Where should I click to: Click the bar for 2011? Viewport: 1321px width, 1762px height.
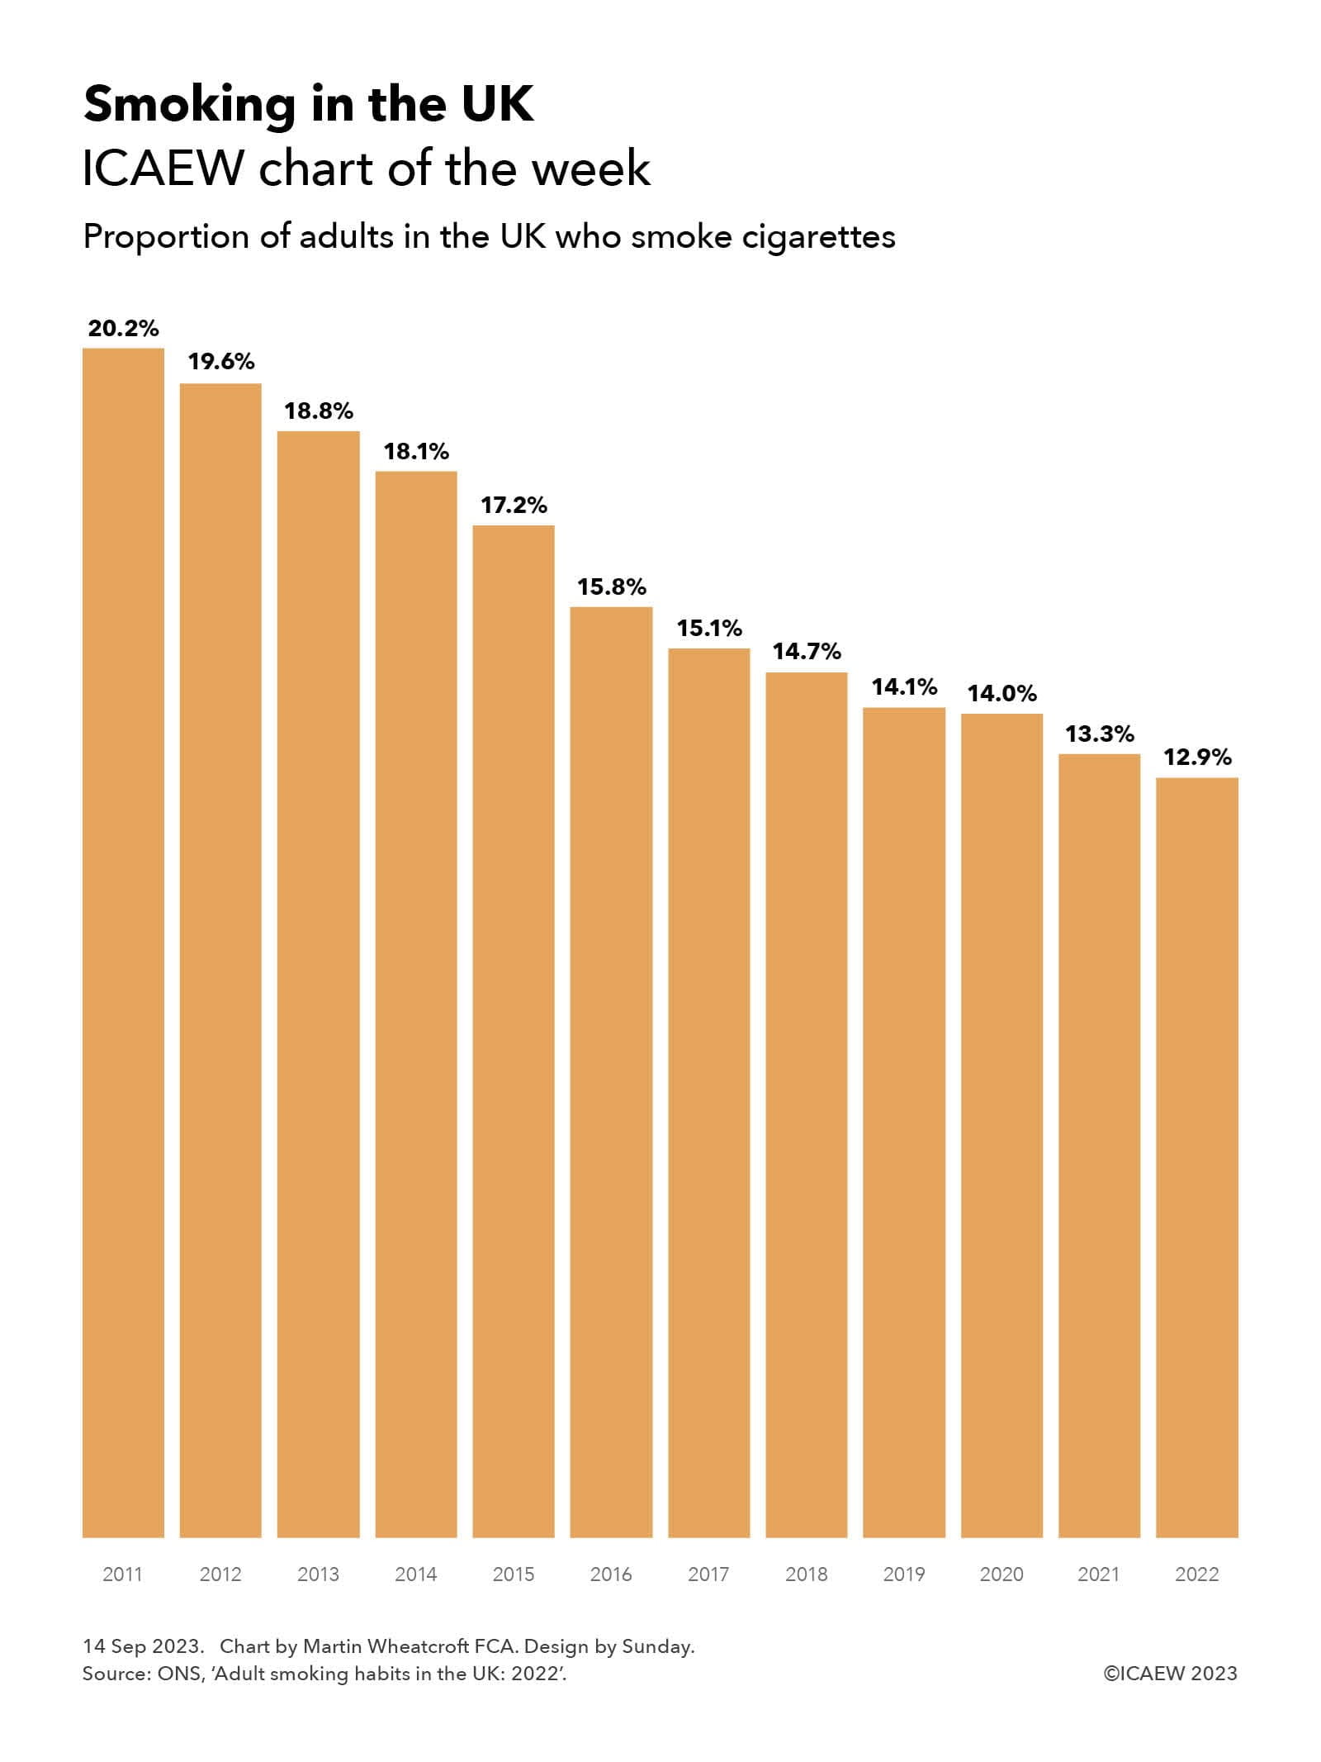point(123,942)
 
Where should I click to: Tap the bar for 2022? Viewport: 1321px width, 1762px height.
point(1196,1156)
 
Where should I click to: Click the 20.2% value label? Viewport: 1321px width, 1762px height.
point(123,329)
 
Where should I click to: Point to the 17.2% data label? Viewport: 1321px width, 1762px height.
point(514,506)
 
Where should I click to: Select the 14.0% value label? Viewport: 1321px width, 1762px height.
point(1001,694)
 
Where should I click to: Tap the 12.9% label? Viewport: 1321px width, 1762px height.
point(1197,758)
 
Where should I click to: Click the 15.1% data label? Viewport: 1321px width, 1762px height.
point(709,629)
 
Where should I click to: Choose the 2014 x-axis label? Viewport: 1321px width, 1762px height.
point(415,1574)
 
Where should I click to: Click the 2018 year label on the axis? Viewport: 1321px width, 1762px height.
point(806,1574)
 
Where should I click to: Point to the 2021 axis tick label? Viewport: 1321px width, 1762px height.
point(1099,1574)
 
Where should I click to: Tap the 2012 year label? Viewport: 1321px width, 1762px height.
point(220,1574)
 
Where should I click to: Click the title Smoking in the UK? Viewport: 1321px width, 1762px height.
point(309,105)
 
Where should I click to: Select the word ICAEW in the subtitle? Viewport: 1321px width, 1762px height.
point(163,169)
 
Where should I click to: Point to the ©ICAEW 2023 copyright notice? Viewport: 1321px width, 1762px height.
point(1170,1674)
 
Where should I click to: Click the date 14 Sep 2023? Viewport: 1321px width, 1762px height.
point(142,1646)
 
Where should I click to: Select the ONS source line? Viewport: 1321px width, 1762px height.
point(324,1674)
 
